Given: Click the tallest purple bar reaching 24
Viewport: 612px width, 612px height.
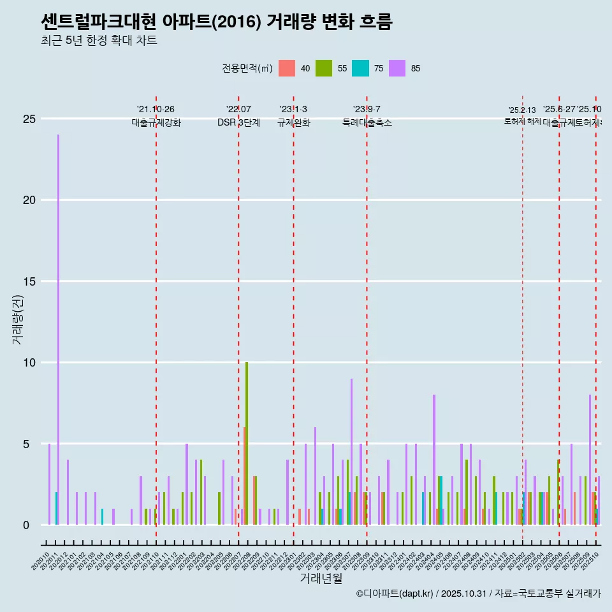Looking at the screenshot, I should (x=58, y=330).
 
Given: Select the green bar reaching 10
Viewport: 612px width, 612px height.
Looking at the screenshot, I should (x=247, y=444).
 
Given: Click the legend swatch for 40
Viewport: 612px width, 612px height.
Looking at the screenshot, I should (x=287, y=68).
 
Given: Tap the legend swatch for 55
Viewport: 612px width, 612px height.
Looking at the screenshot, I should (x=324, y=68).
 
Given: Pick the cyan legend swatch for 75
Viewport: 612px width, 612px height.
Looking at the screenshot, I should (x=360, y=68).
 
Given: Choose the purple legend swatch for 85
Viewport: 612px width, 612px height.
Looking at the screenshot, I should (x=397, y=68).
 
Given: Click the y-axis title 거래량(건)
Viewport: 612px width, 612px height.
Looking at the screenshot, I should (x=18, y=319).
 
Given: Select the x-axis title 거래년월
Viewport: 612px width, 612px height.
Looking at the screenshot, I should (x=321, y=578).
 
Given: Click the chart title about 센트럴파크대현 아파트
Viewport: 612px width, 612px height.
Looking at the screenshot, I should (x=216, y=22).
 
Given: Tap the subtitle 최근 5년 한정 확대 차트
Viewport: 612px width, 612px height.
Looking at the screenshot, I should (x=99, y=41).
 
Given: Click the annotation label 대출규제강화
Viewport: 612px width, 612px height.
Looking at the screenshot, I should (x=156, y=122).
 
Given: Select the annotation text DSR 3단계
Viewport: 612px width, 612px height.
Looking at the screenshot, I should (x=238, y=122).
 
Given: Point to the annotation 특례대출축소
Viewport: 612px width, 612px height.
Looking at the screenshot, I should (x=367, y=122).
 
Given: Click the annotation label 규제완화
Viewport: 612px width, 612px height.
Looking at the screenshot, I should (x=293, y=122).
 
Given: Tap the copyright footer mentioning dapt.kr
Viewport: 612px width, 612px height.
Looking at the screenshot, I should (x=478, y=594).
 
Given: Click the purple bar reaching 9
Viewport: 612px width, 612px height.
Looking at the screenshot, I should (x=351, y=451).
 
